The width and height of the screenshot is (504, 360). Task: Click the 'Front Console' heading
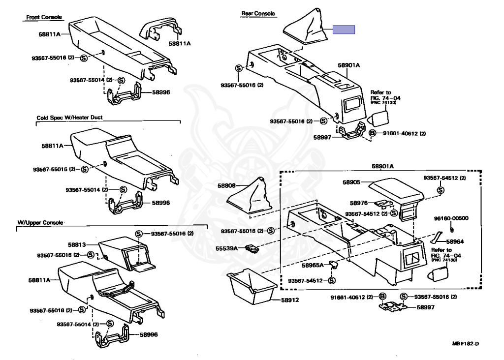point(44,17)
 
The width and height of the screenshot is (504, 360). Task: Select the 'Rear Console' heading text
point(258,14)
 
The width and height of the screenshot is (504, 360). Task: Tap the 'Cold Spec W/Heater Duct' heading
point(69,118)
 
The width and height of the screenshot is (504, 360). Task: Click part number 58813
point(77,244)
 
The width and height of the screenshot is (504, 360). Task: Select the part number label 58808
point(227,186)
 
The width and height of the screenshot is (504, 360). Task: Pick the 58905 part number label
point(352,182)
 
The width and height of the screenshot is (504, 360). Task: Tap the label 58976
point(359,203)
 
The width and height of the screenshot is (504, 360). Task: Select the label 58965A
point(313,266)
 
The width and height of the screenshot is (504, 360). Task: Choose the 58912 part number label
point(290,300)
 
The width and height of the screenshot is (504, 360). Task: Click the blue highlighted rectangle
point(344,30)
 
